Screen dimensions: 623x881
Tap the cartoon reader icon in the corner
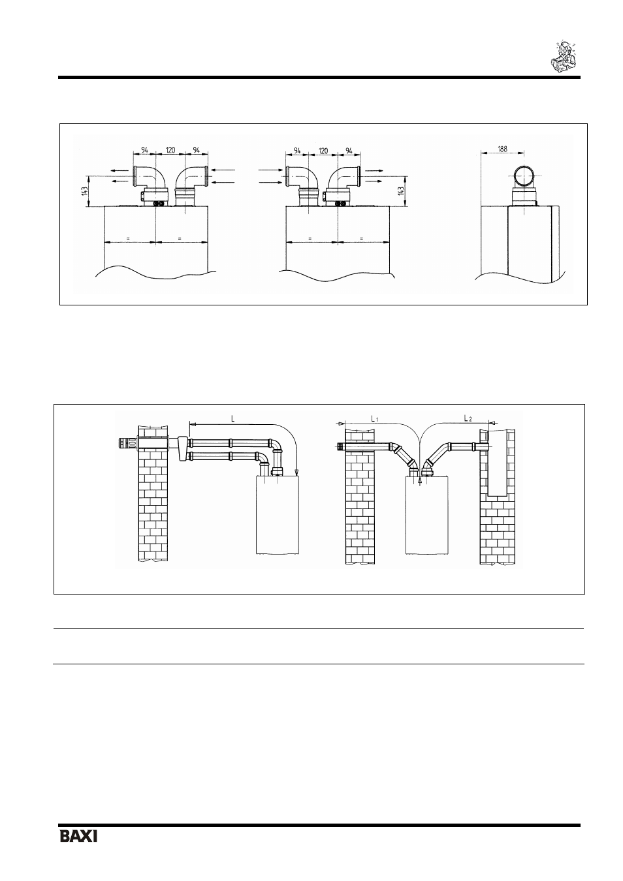coord(563,57)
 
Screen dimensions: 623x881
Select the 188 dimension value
coord(502,149)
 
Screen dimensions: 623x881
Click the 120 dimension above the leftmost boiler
coord(170,149)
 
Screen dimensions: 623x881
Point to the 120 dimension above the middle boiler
coord(323,150)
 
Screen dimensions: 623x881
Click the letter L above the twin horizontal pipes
coord(233,419)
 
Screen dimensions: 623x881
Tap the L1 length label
coord(374,419)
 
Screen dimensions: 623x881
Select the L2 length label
coord(468,418)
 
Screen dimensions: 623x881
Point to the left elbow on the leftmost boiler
coord(150,179)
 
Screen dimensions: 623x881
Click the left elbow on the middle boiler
coord(302,179)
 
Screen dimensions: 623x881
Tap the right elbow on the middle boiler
coord(344,179)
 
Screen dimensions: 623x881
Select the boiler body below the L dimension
coord(278,514)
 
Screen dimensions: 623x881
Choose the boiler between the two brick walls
coord(427,514)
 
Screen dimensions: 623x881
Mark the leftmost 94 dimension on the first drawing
coord(144,149)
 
